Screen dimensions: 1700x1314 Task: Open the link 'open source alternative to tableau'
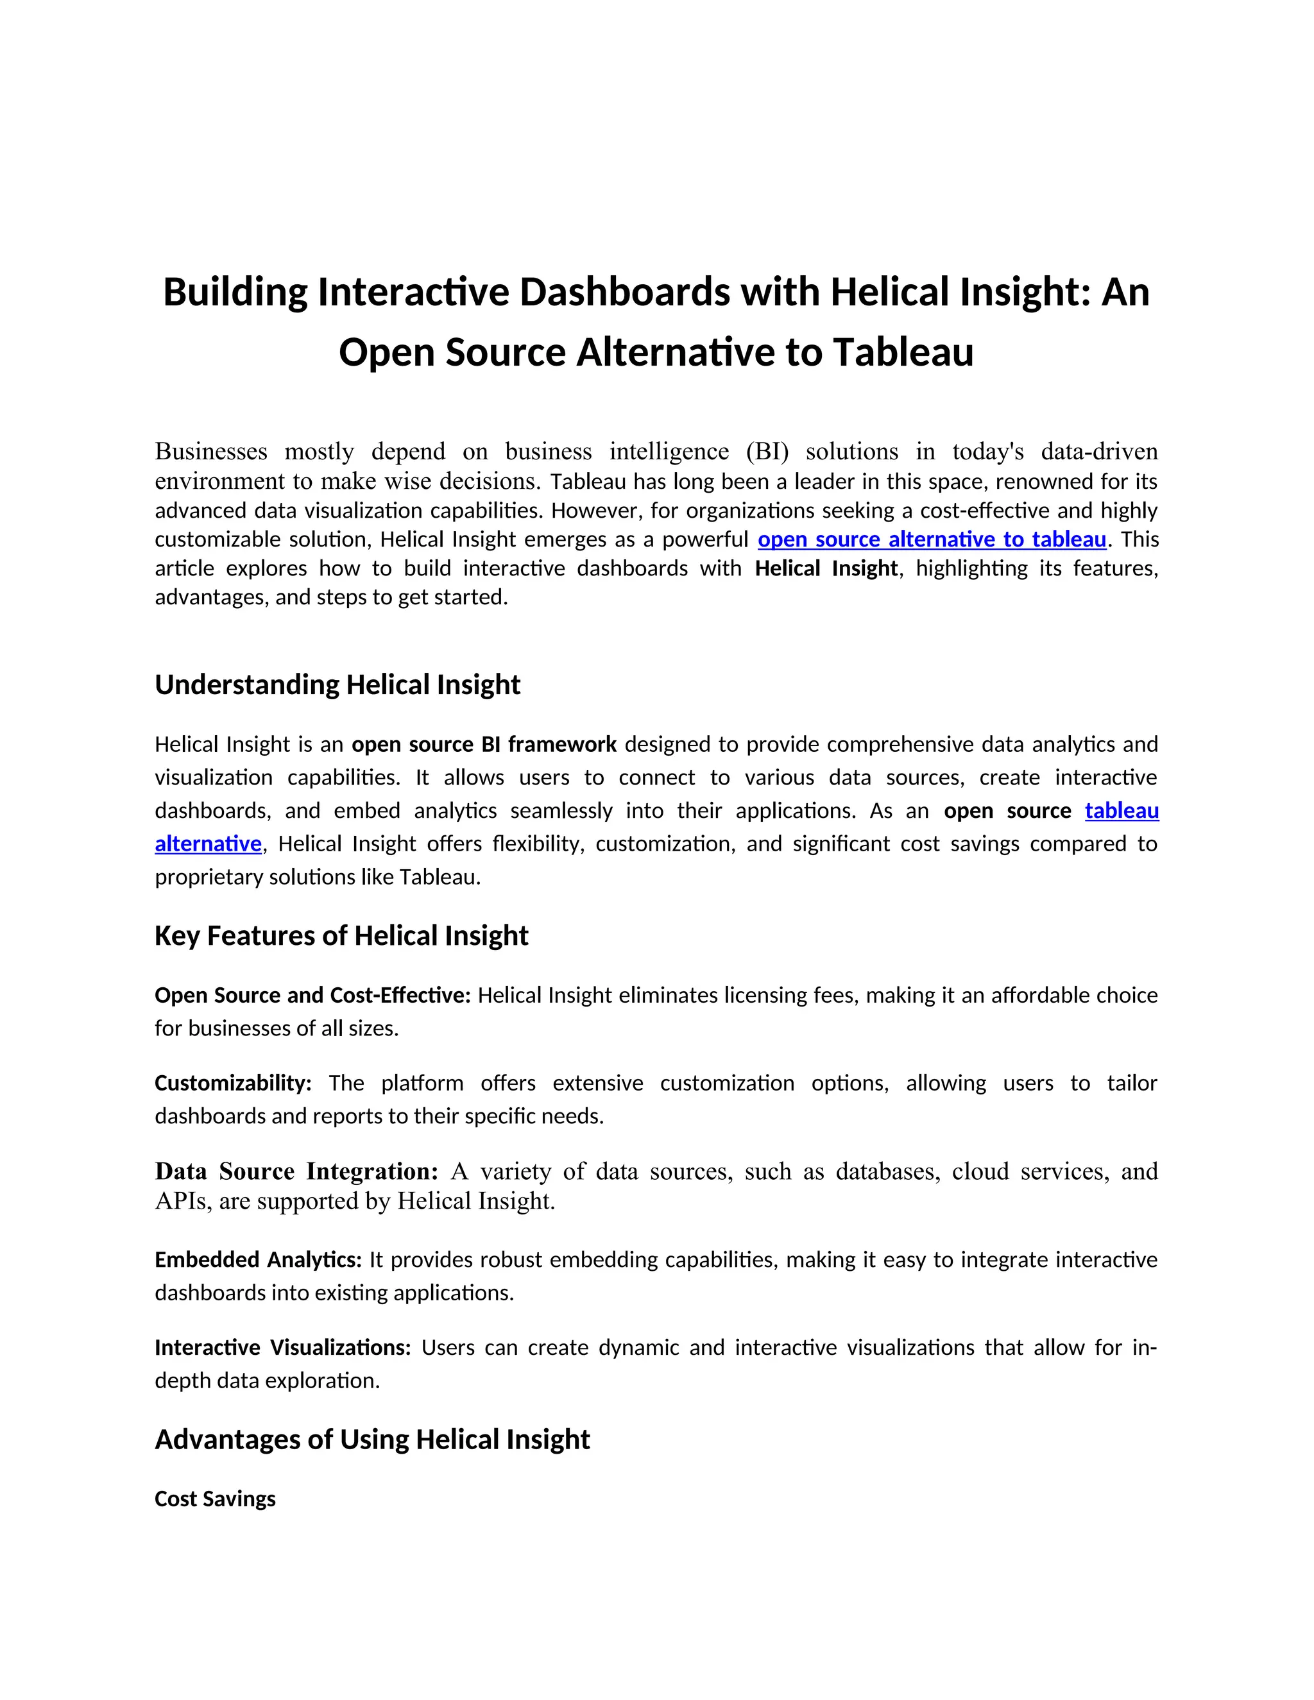[x=931, y=540]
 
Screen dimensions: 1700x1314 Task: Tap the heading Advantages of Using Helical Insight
[x=372, y=1440]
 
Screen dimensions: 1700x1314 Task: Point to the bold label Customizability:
[x=233, y=1083]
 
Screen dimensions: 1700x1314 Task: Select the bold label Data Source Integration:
[x=296, y=1171]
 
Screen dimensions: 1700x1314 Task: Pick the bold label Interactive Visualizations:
[x=282, y=1347]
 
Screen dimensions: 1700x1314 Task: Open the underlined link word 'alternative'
[x=208, y=844]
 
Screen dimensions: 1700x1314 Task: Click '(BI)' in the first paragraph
[x=767, y=452]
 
